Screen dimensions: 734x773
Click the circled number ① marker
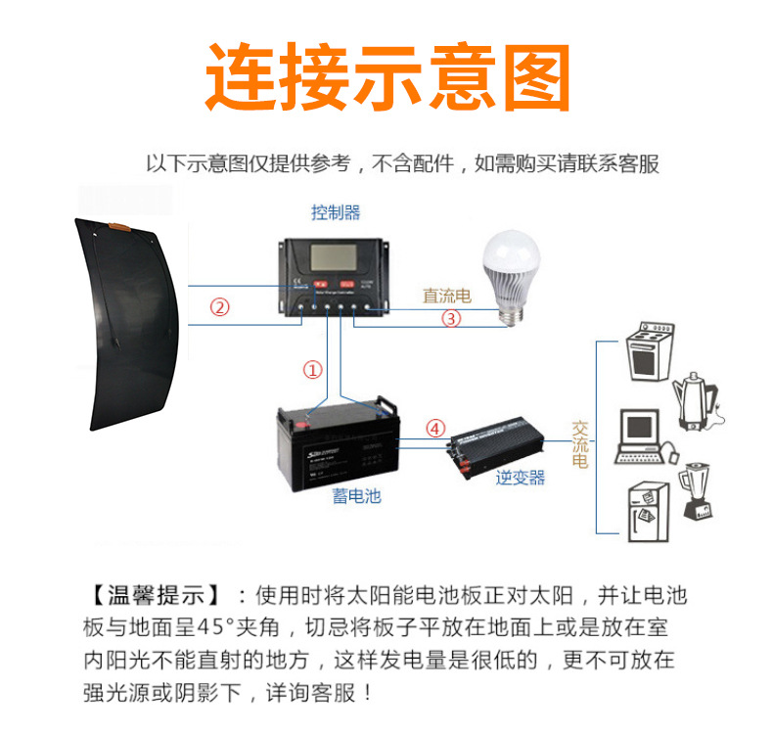pos(312,371)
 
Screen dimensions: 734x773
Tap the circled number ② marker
pos(220,307)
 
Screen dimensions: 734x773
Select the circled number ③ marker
pos(451,318)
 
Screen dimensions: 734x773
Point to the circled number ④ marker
pos(435,428)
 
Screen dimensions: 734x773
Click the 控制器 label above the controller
pos(336,212)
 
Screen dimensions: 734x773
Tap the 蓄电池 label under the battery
pos(355,496)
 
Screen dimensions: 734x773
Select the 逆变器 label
pos(520,478)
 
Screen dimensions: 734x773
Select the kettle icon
pos(699,401)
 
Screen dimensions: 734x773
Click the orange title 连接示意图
pos(386,76)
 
